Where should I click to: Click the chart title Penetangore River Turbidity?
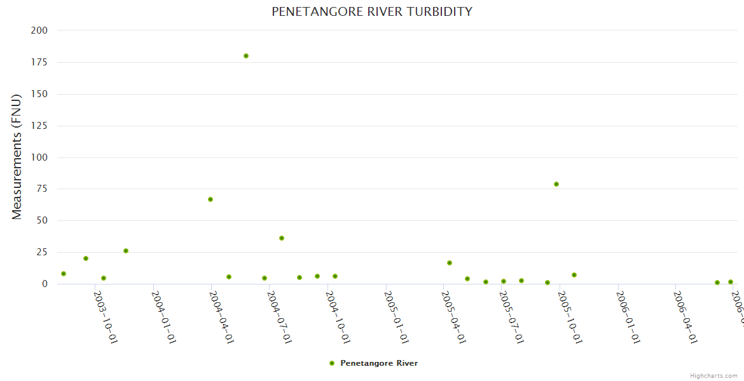point(372,11)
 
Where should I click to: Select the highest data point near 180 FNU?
point(246,56)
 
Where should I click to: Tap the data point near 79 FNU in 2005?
point(556,184)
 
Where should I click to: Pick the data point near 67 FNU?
point(210,199)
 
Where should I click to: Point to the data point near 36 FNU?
point(282,238)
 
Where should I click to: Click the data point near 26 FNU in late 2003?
point(126,251)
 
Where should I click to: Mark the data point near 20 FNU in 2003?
point(86,258)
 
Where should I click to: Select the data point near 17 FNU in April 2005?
point(450,263)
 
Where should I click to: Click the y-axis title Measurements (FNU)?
point(17,156)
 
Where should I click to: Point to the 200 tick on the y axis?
point(39,30)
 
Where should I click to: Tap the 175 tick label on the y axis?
point(39,62)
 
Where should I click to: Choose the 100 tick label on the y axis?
point(39,157)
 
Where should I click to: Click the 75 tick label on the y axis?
point(42,189)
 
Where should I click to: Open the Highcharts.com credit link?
point(713,376)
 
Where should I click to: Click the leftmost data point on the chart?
point(64,274)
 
